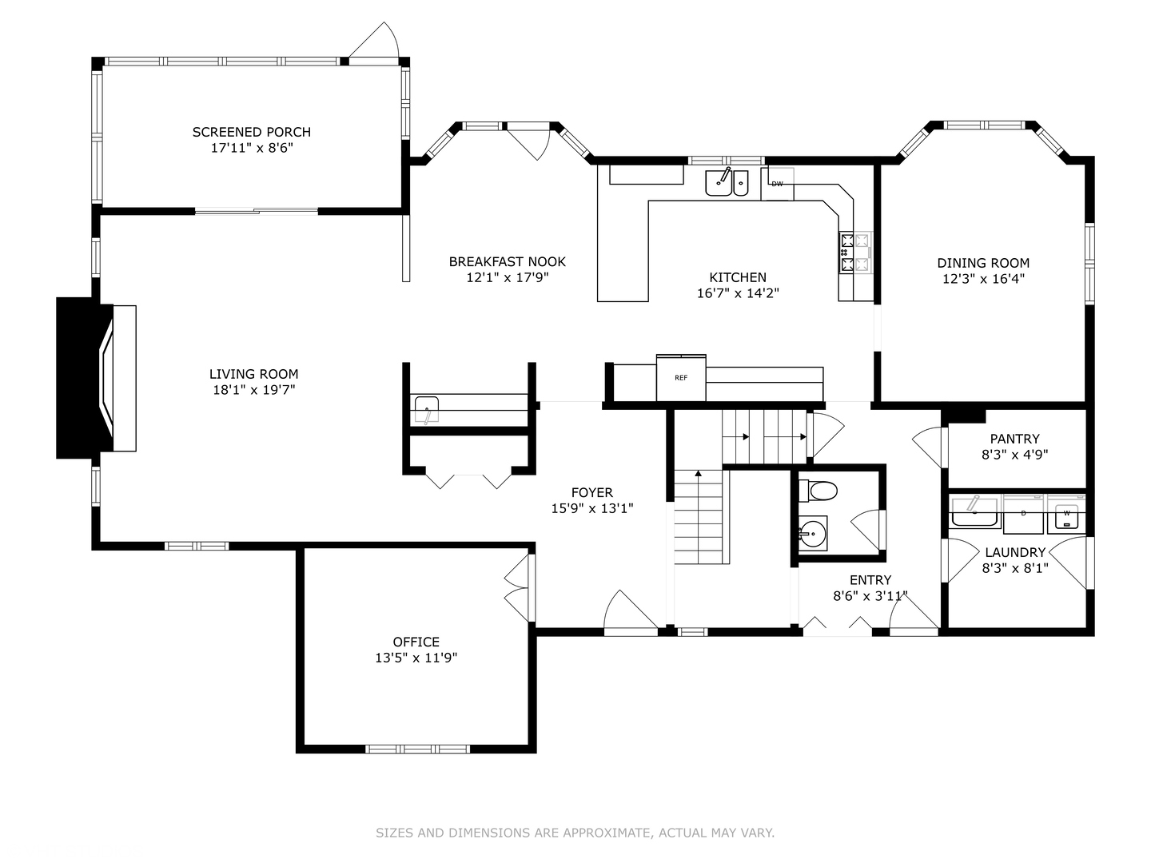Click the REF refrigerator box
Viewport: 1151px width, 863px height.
point(681,377)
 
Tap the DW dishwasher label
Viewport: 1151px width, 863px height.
point(777,184)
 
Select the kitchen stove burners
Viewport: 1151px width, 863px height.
point(854,253)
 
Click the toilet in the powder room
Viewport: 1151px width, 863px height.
point(818,491)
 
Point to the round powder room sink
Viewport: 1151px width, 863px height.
point(814,534)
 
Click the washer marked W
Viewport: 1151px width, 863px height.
point(1066,516)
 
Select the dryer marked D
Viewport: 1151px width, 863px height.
point(1023,515)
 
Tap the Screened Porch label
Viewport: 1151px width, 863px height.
point(252,132)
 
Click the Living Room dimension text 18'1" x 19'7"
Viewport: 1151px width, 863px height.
point(254,390)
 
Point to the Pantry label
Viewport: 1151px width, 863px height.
point(1014,439)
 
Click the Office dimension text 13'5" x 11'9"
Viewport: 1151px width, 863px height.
point(416,658)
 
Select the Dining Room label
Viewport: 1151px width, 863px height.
point(983,263)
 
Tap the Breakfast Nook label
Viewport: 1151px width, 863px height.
point(507,261)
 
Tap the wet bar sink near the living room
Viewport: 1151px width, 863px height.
point(426,408)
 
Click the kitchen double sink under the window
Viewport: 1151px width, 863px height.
point(727,182)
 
